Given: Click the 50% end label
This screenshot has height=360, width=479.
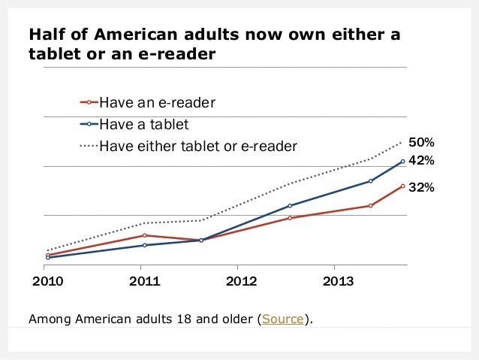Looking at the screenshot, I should pos(421,142).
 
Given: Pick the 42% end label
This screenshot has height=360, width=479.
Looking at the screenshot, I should pos(421,161).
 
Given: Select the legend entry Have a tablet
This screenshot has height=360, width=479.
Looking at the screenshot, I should pos(143,124).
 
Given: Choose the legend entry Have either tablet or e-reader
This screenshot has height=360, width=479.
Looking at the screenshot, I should pos(198,145).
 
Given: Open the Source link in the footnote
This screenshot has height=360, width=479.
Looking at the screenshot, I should pos(282,319).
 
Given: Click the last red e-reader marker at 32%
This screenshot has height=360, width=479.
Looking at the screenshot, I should pos(403,186).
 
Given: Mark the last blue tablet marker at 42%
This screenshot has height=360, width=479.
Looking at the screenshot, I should pos(403,161).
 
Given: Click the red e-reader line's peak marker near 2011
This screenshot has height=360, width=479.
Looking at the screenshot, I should pos(143,235).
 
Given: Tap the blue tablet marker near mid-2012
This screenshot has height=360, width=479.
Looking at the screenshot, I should pos(290,205).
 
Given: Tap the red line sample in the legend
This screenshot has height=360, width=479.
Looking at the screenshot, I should pos(89,102).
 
